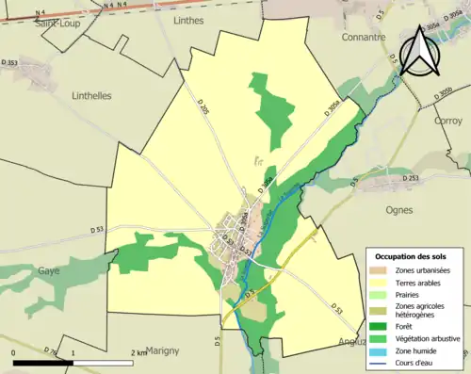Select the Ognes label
click(x=400, y=211)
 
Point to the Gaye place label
click(x=48, y=270)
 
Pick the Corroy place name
click(x=447, y=121)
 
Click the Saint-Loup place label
click(x=57, y=24)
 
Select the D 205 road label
click(x=204, y=109)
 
